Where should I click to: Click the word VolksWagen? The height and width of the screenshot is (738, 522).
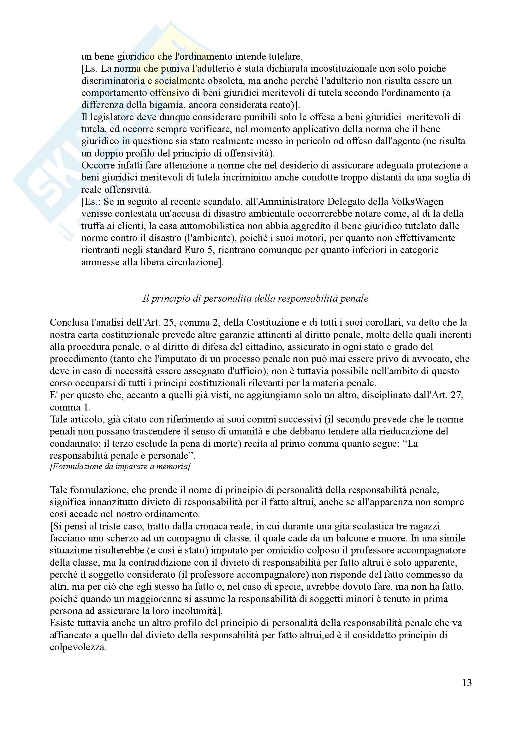(417, 202)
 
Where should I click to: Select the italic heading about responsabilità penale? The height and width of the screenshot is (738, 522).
(255, 298)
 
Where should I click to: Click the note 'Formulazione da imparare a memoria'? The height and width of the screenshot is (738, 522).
(120, 466)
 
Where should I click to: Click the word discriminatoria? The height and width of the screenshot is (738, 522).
(113, 81)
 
